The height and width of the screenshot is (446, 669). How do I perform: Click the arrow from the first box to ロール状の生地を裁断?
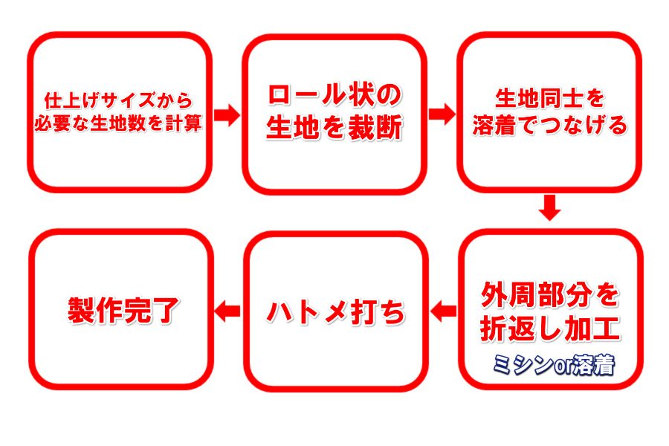[x=227, y=114]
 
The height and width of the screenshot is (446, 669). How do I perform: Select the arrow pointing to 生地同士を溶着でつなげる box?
[x=442, y=114]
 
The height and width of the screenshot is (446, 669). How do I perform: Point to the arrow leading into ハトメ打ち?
[x=443, y=311]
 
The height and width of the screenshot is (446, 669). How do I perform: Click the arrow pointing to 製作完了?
[x=227, y=310]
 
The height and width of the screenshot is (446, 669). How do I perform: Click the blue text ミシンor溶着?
[x=553, y=365]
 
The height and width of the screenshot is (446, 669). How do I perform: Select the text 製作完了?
[x=123, y=310]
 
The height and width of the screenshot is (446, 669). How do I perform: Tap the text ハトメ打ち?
[x=336, y=312]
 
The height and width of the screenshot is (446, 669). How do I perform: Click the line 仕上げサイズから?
[x=119, y=101]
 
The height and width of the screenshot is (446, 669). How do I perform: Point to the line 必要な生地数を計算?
[x=118, y=124]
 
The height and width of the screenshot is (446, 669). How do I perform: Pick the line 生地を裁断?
[x=334, y=128]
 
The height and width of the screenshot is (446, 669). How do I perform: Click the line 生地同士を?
[x=549, y=99]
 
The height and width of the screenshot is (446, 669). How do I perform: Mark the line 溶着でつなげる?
[x=550, y=125]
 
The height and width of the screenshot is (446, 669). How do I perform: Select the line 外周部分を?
[x=550, y=295]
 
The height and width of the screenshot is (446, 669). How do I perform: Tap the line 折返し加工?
[x=550, y=329]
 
